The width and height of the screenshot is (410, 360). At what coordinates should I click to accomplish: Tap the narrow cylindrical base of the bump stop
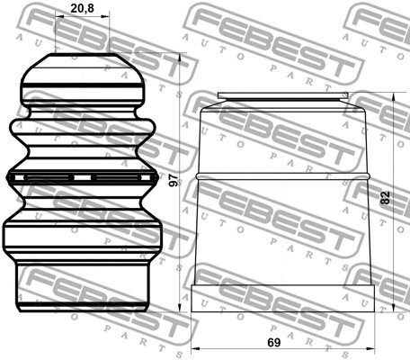point(82,286)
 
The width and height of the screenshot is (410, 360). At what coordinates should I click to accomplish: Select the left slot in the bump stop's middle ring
point(48,176)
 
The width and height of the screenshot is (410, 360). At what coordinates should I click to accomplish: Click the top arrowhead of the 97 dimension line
point(181,58)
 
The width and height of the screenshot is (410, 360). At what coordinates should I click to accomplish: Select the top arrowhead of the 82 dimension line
point(393,94)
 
